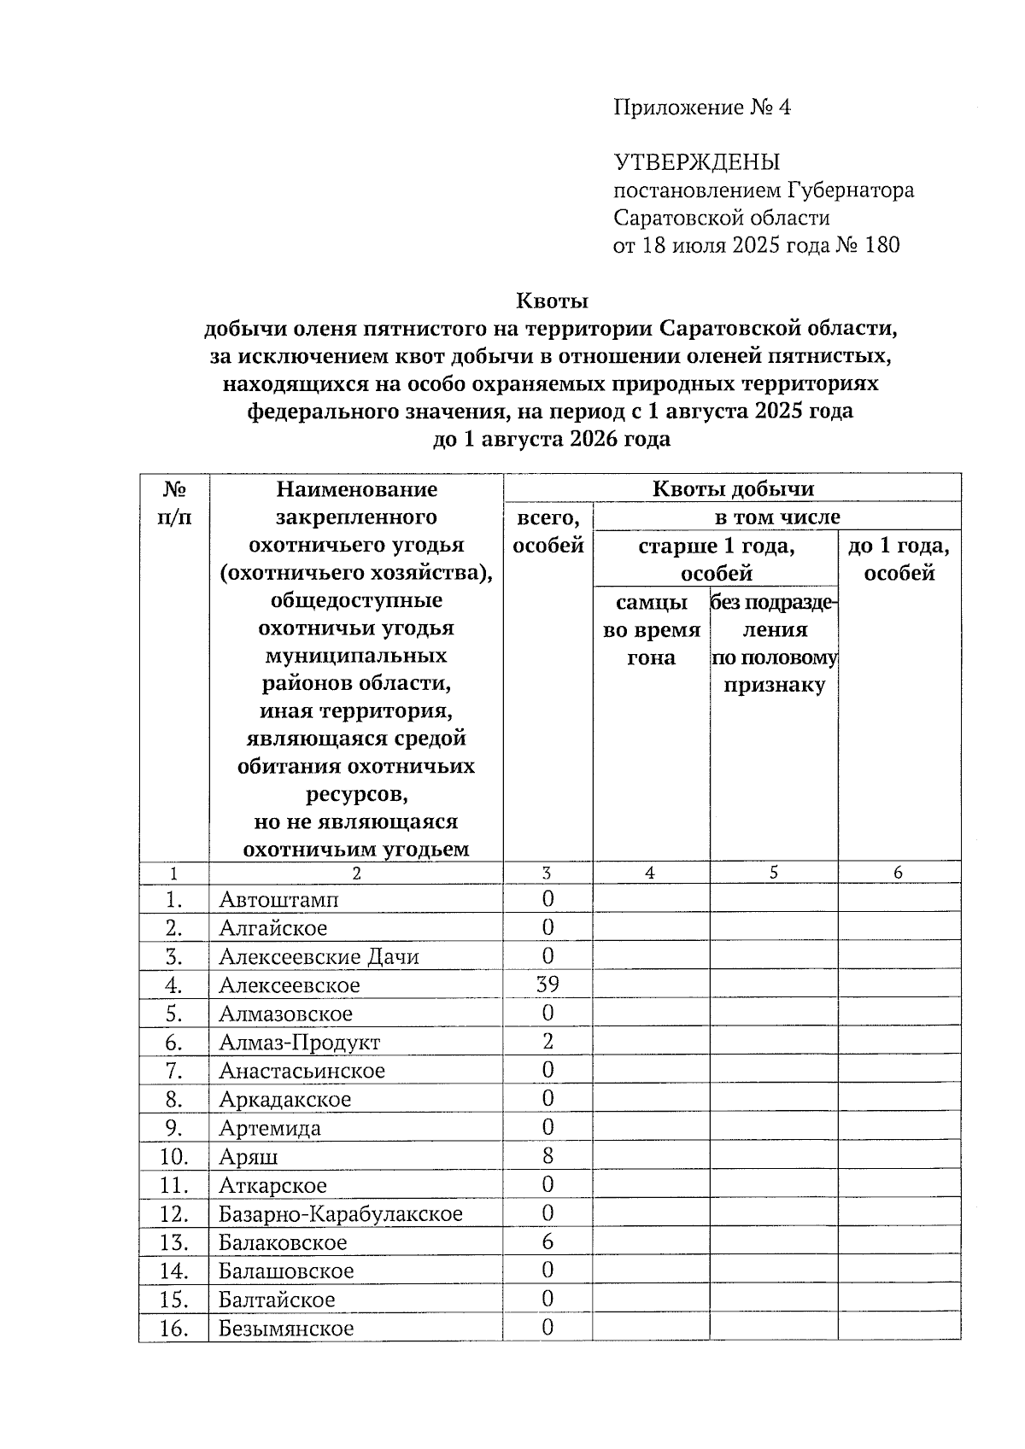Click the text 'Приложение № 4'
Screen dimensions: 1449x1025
click(702, 108)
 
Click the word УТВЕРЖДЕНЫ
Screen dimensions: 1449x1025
click(696, 162)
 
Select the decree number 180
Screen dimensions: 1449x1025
click(881, 246)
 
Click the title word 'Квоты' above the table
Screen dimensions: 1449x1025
click(552, 301)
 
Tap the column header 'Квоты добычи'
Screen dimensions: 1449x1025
click(732, 489)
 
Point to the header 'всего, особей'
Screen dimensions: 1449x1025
click(548, 531)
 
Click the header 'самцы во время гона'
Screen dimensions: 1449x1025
click(651, 630)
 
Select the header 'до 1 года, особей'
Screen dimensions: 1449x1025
click(899, 559)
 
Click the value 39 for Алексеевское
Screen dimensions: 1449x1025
click(548, 985)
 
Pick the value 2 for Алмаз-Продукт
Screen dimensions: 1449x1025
click(548, 1042)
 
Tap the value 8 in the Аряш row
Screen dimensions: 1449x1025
click(548, 1156)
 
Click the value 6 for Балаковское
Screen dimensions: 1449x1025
click(548, 1242)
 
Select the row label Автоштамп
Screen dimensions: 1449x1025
click(278, 899)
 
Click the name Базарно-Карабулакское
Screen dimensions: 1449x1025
click(340, 1214)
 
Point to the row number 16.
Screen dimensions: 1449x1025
click(173, 1329)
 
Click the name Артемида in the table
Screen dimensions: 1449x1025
click(270, 1128)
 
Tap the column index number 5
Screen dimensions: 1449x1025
click(773, 873)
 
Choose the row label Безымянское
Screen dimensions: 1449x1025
click(286, 1329)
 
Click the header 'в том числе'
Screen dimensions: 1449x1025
click(776, 517)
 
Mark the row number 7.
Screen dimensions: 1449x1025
click(173, 1071)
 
